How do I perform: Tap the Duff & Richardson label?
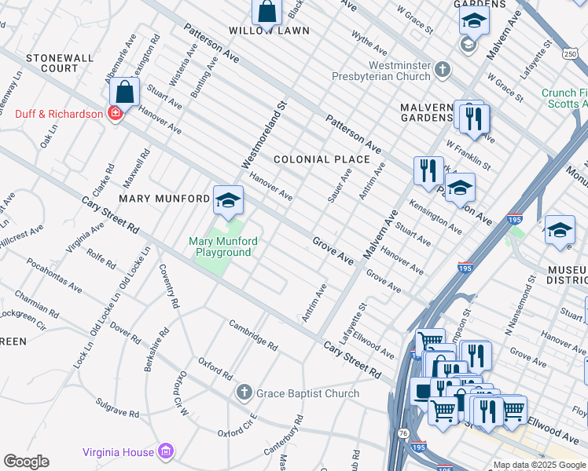[59, 114]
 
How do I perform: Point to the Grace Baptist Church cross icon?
[244, 392]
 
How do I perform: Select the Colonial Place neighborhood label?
[322, 159]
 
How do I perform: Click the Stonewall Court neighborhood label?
[52, 63]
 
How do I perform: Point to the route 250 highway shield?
[570, 53]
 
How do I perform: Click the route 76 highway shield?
[402, 433]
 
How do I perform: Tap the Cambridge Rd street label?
[253, 334]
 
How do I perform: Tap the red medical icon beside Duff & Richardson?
[115, 114]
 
